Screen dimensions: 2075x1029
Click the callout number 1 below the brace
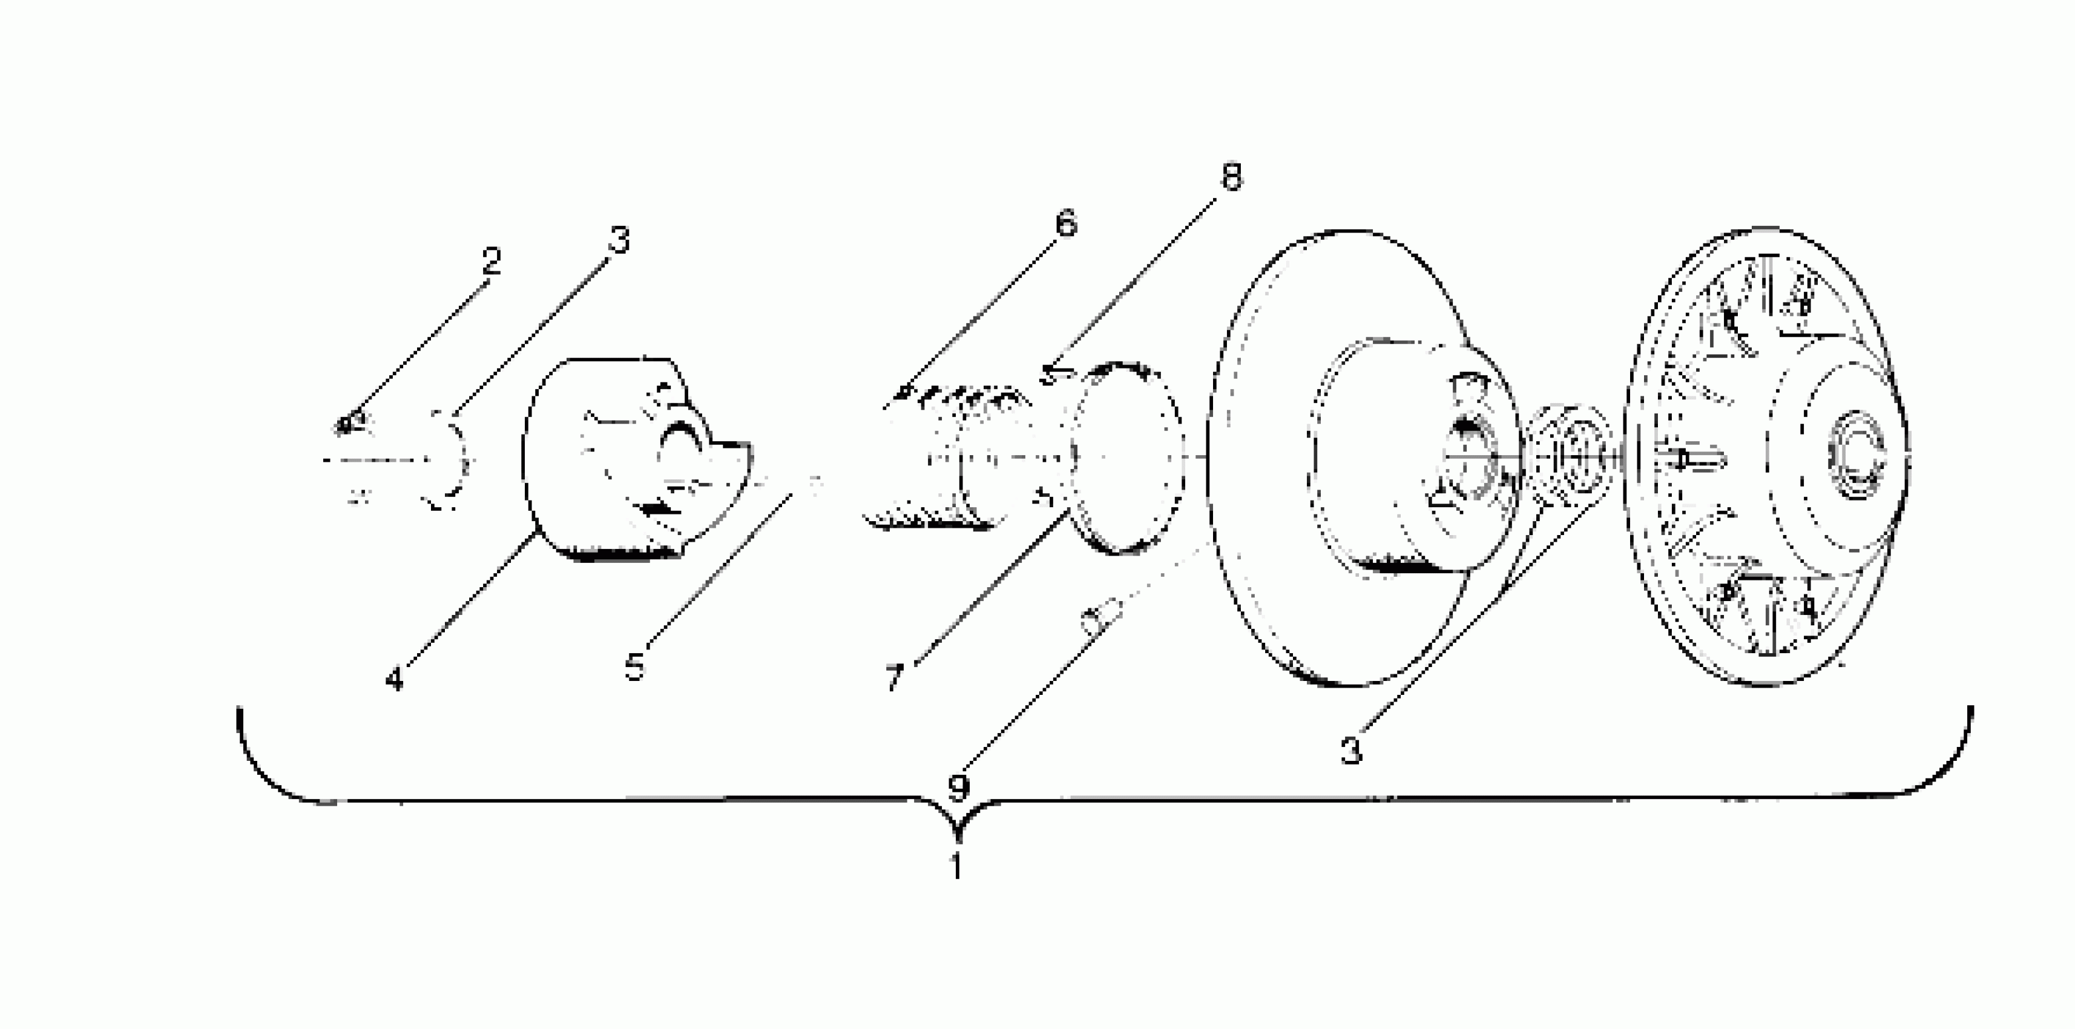tap(956, 867)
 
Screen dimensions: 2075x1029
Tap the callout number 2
tap(490, 260)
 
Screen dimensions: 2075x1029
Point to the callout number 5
tap(636, 667)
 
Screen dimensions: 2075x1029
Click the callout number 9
tap(957, 788)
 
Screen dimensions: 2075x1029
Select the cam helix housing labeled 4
tap(620, 459)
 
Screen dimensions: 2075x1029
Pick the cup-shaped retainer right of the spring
tap(1128, 458)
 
